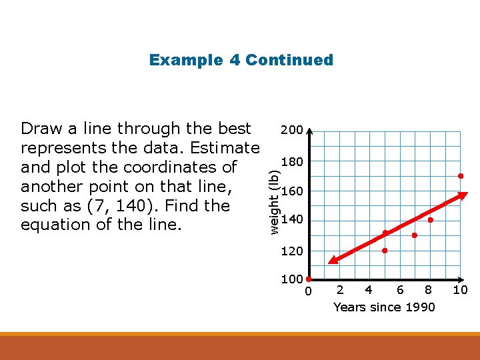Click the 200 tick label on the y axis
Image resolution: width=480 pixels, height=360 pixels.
[x=291, y=129]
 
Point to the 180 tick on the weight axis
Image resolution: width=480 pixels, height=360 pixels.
[x=292, y=162]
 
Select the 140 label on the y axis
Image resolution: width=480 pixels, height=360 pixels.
[x=292, y=220]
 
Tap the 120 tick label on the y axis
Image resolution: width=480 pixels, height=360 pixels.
[x=292, y=251]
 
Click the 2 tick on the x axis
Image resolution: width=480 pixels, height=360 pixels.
[x=341, y=289]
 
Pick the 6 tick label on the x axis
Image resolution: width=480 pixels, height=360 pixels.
[x=400, y=289]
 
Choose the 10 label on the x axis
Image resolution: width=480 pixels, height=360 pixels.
[x=460, y=289]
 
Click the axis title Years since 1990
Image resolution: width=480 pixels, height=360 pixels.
[x=384, y=307]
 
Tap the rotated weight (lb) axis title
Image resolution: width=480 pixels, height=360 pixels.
[x=273, y=200]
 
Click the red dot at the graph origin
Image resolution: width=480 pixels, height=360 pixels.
[x=309, y=279]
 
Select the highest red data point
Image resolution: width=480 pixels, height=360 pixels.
[x=460, y=176]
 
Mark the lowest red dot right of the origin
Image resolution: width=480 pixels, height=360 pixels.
[x=385, y=251]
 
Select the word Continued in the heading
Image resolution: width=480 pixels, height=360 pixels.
[x=289, y=60]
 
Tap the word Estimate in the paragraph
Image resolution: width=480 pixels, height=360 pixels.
[x=224, y=147]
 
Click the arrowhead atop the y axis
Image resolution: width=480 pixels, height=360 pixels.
[x=309, y=131]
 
